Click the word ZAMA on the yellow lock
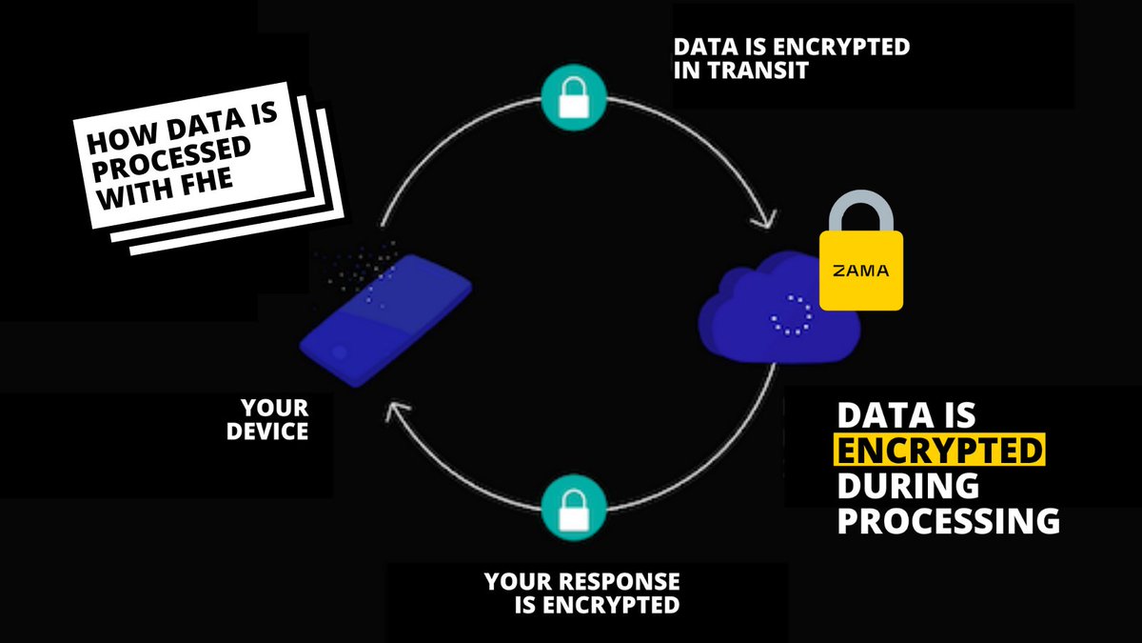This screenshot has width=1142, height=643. click(861, 271)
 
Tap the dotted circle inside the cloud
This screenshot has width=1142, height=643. click(791, 315)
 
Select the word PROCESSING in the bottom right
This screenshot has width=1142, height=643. click(948, 521)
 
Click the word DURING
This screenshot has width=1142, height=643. click(908, 486)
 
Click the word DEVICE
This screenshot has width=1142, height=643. click(268, 432)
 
